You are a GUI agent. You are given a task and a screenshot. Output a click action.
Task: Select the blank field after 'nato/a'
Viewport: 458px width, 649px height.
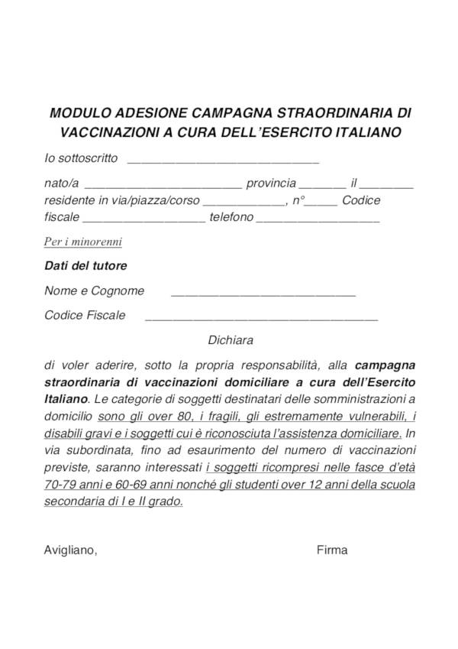point(163,185)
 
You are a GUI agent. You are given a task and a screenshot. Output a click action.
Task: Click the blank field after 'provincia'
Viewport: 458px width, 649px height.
point(322,185)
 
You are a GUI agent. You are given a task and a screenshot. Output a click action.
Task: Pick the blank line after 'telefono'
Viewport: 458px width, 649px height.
point(318,220)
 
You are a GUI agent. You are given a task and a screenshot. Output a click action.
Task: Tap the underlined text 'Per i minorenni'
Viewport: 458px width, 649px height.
point(83,242)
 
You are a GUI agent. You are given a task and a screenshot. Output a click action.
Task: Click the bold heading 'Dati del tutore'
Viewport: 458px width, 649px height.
point(85,267)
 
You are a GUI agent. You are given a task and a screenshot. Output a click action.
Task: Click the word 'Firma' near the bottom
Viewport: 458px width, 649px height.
point(331,550)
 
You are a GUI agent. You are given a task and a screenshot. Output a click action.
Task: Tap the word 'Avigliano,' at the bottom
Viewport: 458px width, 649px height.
point(71,550)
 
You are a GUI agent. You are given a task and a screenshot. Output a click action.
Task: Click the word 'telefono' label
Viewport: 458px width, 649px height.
point(231,218)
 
